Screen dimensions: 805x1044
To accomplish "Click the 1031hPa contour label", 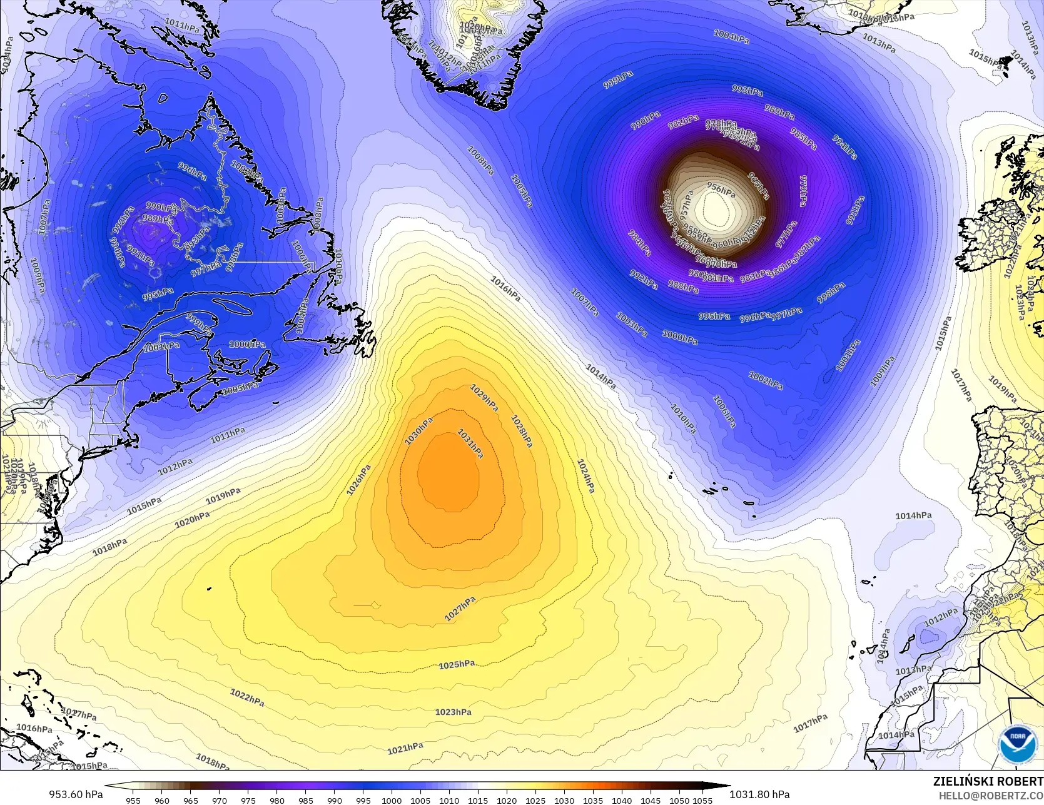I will click(470, 443).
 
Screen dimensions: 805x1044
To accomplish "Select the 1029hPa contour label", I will click(484, 398).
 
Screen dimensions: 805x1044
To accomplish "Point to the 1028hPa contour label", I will click(522, 431).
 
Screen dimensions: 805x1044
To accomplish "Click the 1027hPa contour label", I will click(460, 609).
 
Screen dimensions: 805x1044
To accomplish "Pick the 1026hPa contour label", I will click(359, 480).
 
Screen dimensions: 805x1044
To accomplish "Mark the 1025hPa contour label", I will click(456, 664).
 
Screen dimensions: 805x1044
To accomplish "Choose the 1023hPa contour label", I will click(453, 712).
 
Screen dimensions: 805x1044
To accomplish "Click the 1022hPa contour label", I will click(247, 697).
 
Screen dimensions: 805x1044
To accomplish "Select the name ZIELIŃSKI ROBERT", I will click(988, 781).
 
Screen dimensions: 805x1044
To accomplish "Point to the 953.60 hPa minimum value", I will click(76, 794).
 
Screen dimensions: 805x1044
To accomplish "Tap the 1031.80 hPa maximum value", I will click(759, 794).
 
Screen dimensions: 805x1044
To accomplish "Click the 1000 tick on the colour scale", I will click(392, 800).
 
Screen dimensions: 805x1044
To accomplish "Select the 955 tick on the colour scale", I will click(133, 800).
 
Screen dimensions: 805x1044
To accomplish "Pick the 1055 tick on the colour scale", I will click(702, 800).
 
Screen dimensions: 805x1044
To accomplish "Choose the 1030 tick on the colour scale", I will click(564, 800).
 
